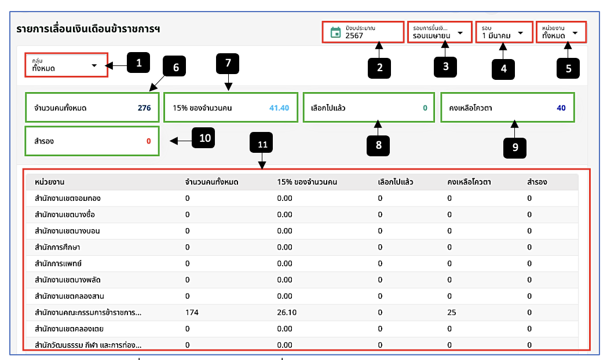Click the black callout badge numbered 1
click(x=138, y=63)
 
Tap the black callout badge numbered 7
click(x=228, y=64)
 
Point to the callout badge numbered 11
click(x=261, y=143)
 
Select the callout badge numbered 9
click(x=515, y=148)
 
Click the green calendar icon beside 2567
click(x=335, y=32)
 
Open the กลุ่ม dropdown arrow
click(x=94, y=65)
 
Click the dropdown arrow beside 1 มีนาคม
click(x=520, y=33)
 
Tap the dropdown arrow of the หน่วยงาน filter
click(x=575, y=33)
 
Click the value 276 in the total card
click(x=144, y=108)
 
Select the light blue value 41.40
click(x=279, y=108)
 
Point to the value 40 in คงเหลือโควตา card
click(x=561, y=108)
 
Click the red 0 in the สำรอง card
click(x=149, y=141)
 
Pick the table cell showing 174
click(x=192, y=313)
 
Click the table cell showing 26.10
click(x=287, y=313)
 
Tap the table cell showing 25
click(x=452, y=313)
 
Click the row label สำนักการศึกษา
click(x=57, y=247)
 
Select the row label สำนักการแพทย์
click(x=58, y=263)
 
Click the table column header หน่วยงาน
click(x=50, y=182)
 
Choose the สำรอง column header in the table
click(x=537, y=182)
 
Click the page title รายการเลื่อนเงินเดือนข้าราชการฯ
click(x=88, y=29)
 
